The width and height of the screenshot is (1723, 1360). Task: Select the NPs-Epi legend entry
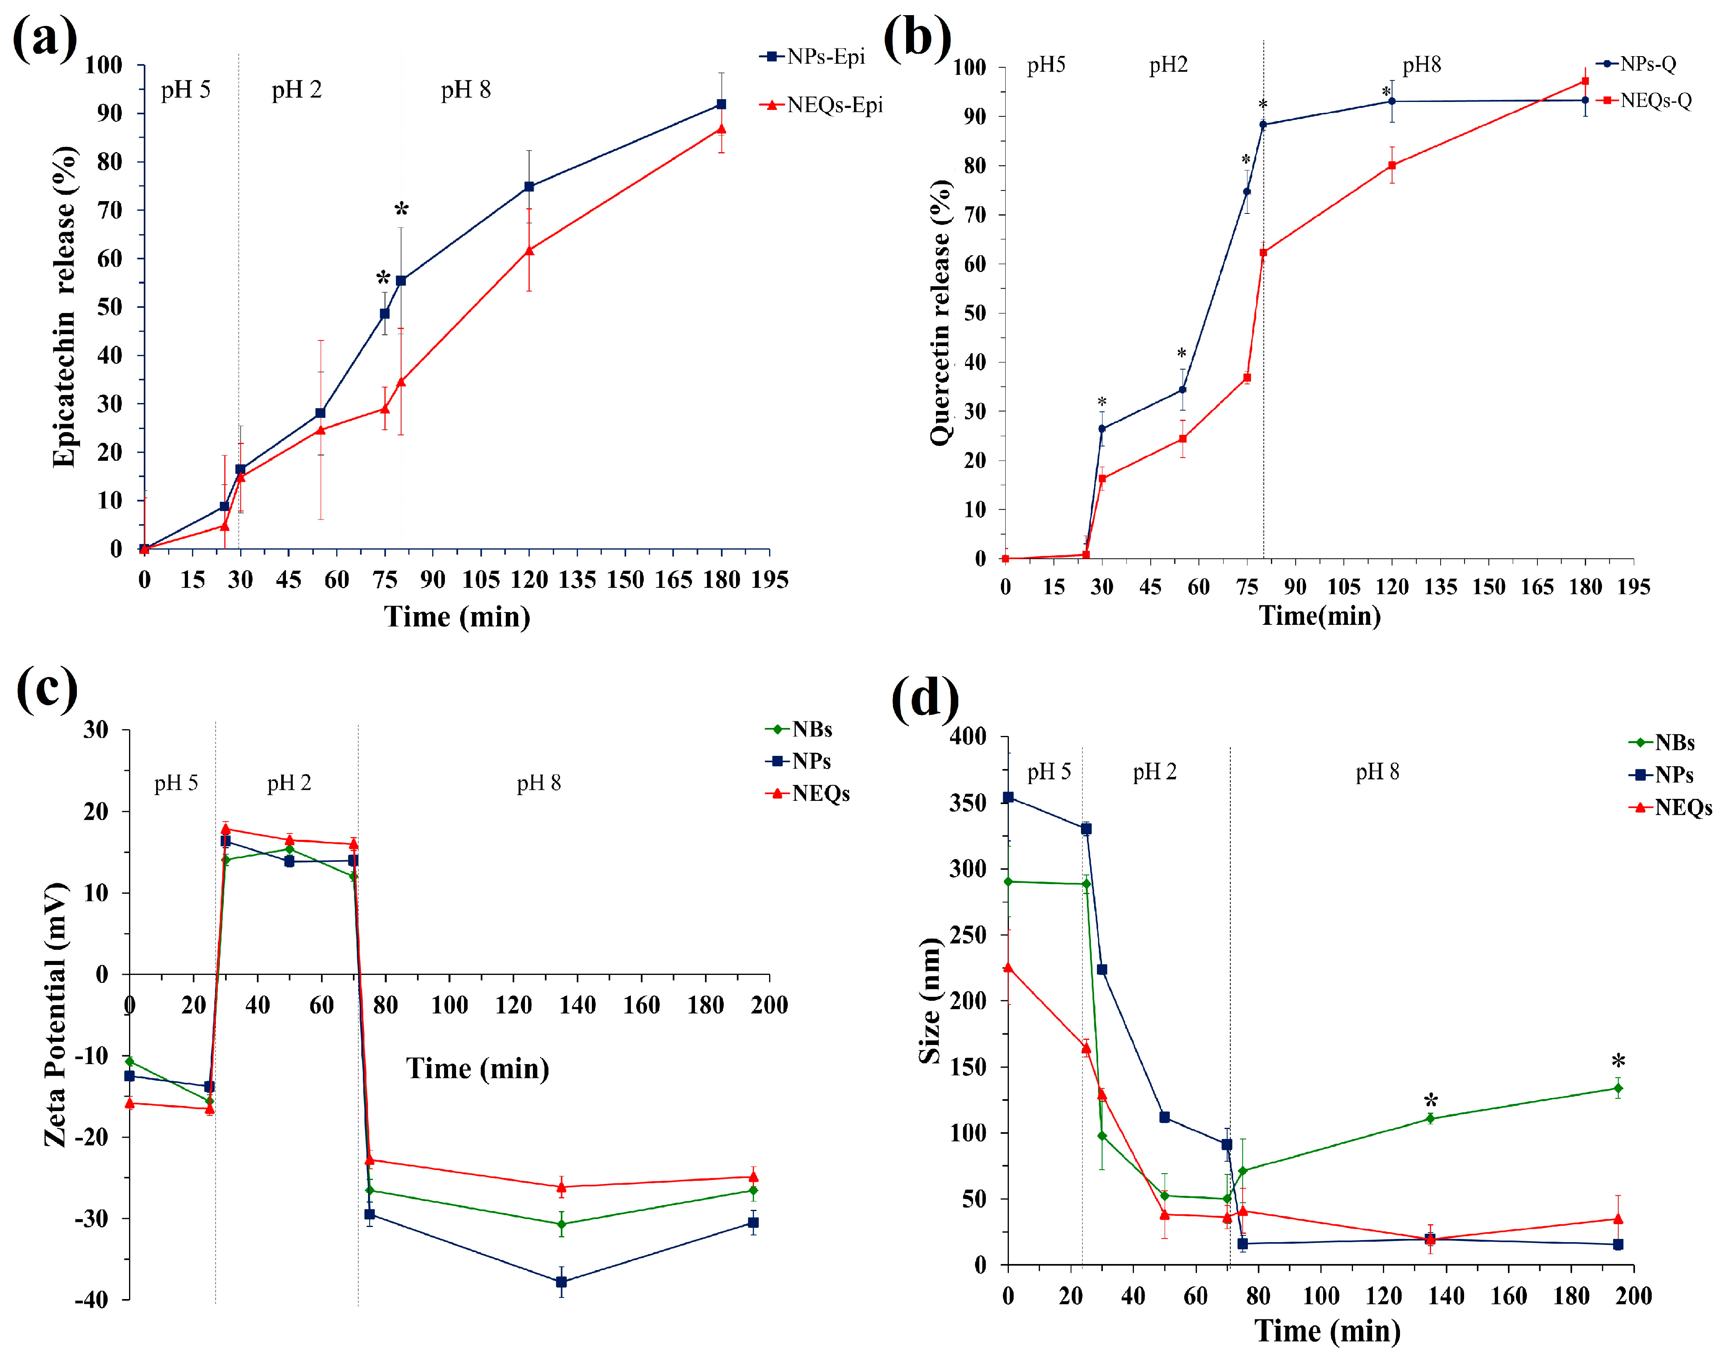[x=812, y=57]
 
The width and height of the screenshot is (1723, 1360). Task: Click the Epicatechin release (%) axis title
[x=64, y=307]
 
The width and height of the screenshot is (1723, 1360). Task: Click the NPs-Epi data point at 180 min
[x=721, y=104]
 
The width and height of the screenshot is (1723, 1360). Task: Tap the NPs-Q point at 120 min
[x=1392, y=101]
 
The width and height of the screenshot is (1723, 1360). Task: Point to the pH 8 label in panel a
[x=466, y=90]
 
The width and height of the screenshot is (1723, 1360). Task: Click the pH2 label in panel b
[x=1168, y=65]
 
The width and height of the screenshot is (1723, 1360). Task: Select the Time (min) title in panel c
[x=478, y=1068]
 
